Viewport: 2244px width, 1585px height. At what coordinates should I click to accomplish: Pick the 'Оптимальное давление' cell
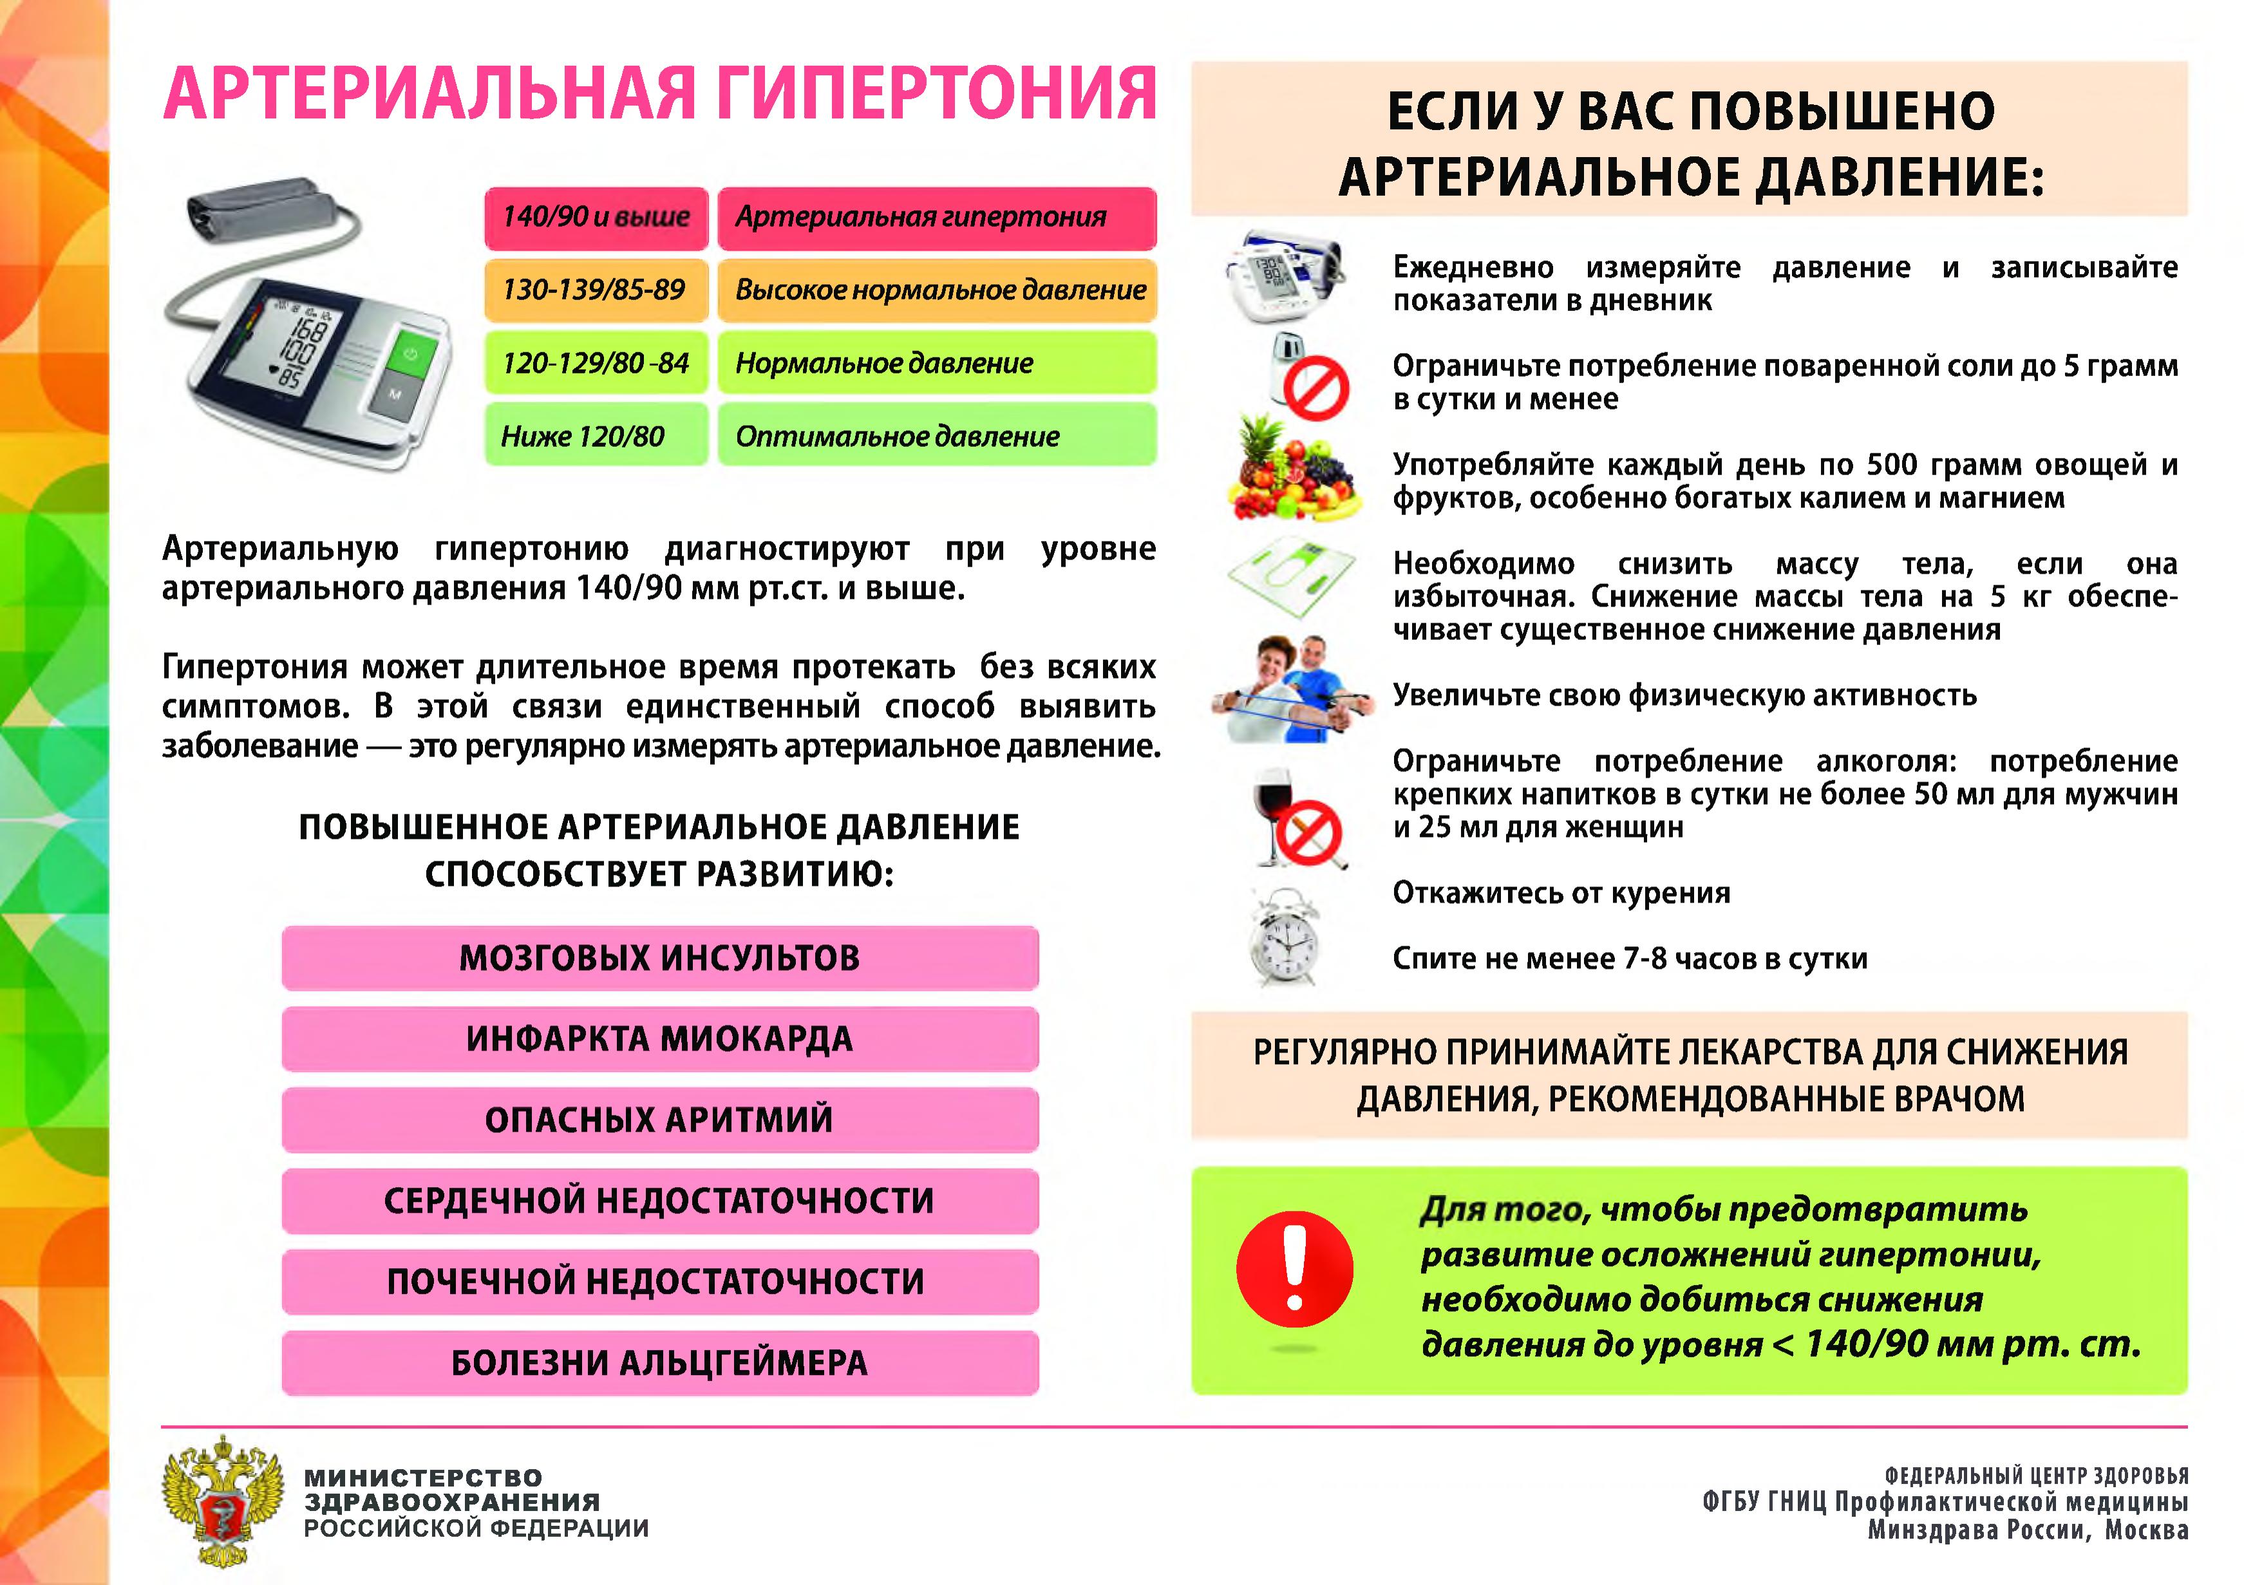click(938, 436)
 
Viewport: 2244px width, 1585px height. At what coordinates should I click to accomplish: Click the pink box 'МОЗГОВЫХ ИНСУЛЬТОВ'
click(660, 958)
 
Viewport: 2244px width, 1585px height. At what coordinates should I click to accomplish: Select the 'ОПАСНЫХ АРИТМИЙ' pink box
click(660, 1120)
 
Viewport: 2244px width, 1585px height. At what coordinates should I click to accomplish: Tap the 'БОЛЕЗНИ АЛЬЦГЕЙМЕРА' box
click(660, 1362)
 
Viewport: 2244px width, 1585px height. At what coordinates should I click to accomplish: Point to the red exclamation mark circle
click(1294, 1268)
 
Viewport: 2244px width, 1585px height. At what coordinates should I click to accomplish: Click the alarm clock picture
click(1284, 938)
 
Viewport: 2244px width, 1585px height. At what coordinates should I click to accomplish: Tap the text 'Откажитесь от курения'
click(1561, 893)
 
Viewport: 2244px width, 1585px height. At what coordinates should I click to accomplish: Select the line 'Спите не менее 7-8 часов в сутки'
click(1629, 959)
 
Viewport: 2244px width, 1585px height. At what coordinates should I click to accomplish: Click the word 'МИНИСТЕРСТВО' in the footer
click(423, 1477)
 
